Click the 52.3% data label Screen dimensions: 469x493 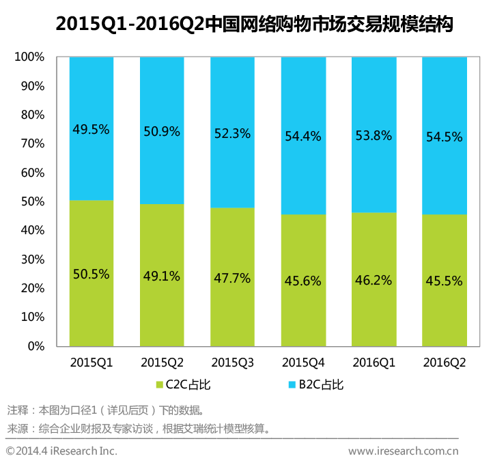pyautogui.click(x=232, y=134)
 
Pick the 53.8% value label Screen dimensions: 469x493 pyautogui.click(x=374, y=136)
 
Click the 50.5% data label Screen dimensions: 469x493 pyautogui.click(x=91, y=274)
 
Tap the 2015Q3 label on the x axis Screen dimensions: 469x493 pyautogui.click(x=232, y=362)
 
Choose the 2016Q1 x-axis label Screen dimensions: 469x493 pyautogui.click(x=374, y=362)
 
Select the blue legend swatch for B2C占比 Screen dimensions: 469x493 pyautogui.click(x=292, y=384)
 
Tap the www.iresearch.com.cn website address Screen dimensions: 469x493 pyautogui.click(x=403, y=451)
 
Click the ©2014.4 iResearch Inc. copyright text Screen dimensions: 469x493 pyautogui.click(x=61, y=451)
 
